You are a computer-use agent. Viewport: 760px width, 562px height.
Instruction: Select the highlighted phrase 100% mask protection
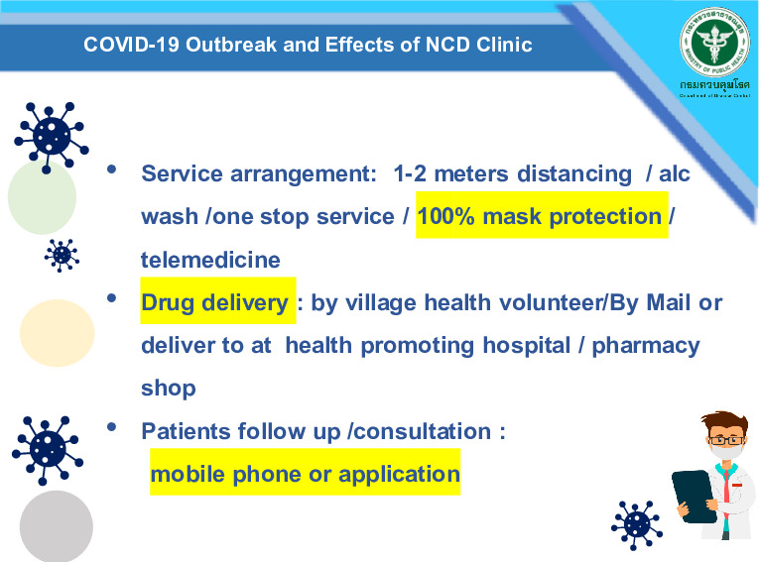[540, 217]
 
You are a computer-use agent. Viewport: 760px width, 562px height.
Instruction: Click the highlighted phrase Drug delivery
[214, 303]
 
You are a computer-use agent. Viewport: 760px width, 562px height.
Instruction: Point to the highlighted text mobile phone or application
[305, 475]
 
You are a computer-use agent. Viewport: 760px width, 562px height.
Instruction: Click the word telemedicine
[210, 261]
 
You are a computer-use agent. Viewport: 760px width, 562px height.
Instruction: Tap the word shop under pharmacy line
[169, 389]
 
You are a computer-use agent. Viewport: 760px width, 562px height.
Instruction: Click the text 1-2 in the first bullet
[411, 174]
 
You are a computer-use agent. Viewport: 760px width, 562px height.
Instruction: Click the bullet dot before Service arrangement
[113, 170]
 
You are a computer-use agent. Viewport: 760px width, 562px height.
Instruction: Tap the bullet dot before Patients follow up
[113, 427]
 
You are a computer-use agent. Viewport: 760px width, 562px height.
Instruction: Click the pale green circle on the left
[42, 196]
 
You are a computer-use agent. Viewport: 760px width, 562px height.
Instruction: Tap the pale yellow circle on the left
[57, 333]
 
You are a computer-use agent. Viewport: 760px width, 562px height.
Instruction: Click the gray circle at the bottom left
[56, 525]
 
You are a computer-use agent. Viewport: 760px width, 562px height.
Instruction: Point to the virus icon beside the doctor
[636, 524]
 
